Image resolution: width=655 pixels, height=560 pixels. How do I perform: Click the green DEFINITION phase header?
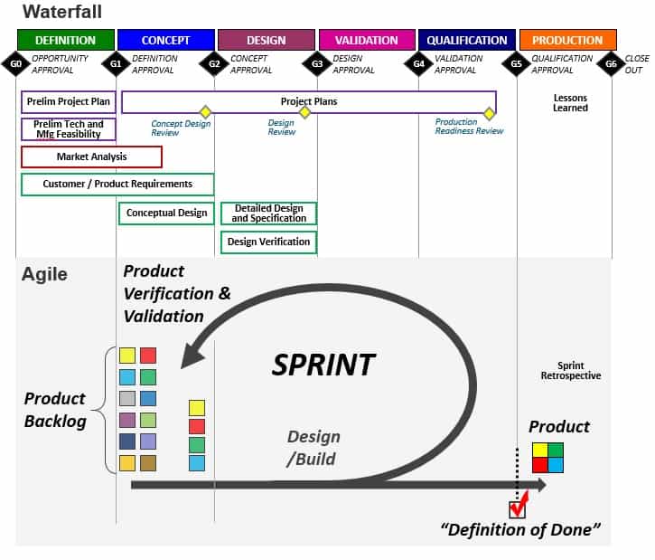tap(65, 40)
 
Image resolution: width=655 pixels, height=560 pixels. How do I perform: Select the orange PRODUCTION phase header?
tap(567, 40)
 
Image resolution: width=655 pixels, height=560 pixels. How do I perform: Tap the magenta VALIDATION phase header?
tap(366, 40)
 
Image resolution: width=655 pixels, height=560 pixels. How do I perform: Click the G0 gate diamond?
tap(15, 64)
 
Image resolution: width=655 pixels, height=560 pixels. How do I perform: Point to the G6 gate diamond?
tap(612, 64)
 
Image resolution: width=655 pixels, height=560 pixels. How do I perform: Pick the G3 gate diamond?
tap(317, 64)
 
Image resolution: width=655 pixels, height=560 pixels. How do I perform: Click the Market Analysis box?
tap(91, 157)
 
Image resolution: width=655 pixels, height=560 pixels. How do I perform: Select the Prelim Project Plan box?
tap(68, 101)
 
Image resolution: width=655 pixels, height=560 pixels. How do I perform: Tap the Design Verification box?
tap(268, 242)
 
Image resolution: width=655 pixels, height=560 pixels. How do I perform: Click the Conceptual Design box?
tap(166, 214)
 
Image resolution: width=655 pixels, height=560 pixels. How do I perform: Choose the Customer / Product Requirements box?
tap(117, 185)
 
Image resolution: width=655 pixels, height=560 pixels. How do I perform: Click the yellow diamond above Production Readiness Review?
tap(489, 113)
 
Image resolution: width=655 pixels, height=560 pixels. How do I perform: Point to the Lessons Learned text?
tap(570, 103)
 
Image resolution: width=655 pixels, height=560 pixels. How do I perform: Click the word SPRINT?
tap(323, 365)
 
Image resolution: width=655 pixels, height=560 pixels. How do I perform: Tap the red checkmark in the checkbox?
tap(518, 508)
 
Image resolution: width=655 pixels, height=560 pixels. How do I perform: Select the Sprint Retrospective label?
tap(570, 370)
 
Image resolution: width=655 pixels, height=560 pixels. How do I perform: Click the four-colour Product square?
tap(547, 457)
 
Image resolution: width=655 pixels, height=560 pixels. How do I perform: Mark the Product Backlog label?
tap(54, 410)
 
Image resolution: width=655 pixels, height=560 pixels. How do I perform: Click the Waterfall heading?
tap(61, 12)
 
